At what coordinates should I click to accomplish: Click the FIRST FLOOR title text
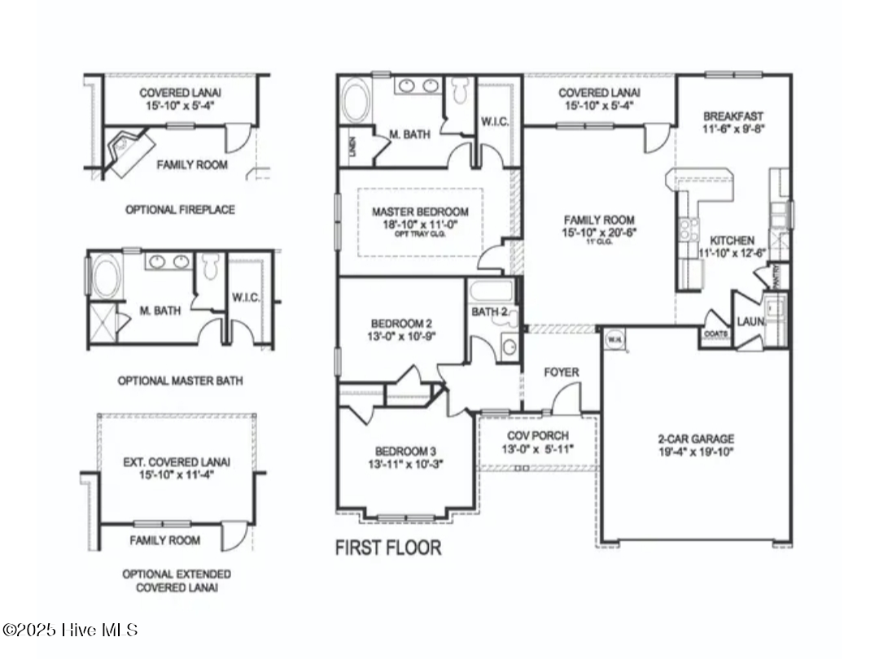click(388, 548)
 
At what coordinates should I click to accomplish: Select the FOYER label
click(562, 372)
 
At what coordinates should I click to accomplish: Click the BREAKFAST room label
click(733, 116)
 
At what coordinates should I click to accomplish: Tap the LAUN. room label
click(750, 322)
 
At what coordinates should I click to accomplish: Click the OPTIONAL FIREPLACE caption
click(180, 209)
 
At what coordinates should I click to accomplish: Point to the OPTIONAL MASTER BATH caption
click(180, 380)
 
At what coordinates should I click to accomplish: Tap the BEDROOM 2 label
click(401, 321)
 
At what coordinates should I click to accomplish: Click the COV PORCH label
click(537, 435)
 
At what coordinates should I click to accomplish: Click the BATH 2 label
click(490, 311)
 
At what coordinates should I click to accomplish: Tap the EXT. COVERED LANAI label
click(177, 461)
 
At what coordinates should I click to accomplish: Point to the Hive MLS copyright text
click(70, 630)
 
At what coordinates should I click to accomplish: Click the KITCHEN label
click(732, 241)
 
